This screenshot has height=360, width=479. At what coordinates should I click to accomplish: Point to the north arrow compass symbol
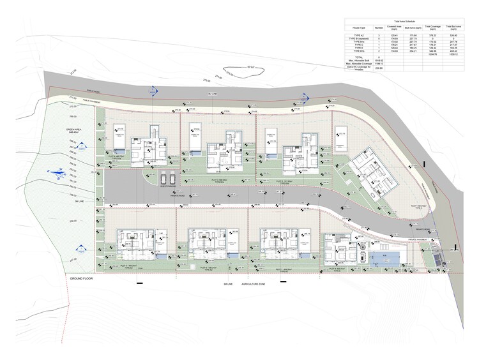57,171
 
